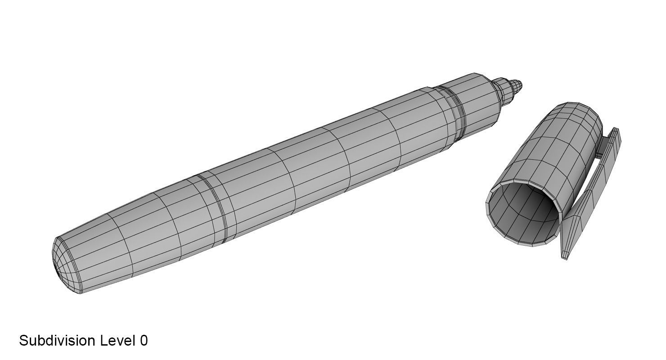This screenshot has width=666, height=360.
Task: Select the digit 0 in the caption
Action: (144, 341)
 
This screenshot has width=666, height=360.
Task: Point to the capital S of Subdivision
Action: (24, 341)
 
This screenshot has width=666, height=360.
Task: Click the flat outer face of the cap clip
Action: (589, 193)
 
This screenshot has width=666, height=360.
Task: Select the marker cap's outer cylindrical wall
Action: (553, 153)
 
